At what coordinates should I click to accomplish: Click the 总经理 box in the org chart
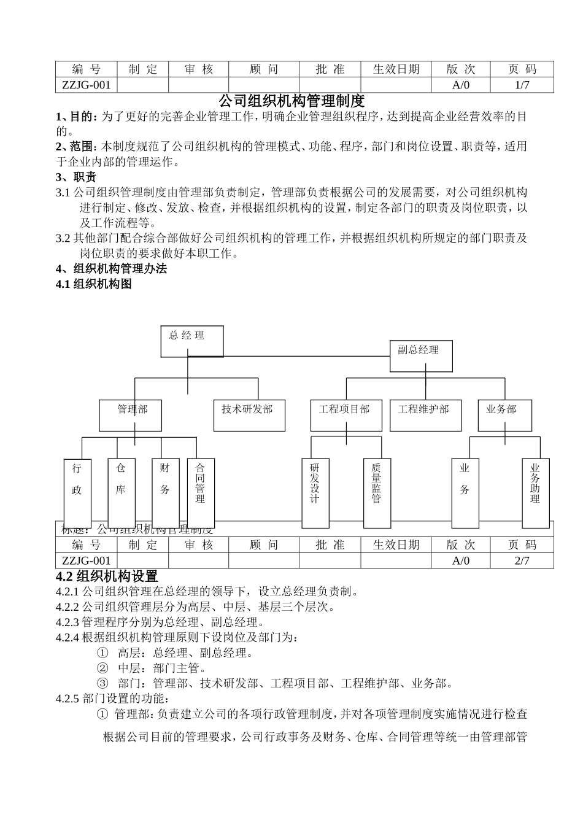click(192, 341)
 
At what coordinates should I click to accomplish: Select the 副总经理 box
click(421, 356)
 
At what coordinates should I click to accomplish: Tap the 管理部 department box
click(131, 415)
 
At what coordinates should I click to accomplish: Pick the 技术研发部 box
click(250, 415)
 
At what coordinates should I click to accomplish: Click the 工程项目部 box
click(346, 415)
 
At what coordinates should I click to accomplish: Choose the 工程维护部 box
click(425, 415)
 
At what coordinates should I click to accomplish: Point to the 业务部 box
click(504, 415)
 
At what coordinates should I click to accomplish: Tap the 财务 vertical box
click(165, 485)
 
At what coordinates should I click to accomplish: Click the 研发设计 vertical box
click(315, 493)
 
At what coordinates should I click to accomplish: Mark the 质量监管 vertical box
click(377, 493)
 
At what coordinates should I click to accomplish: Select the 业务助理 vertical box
click(536, 493)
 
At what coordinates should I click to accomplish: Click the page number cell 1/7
click(522, 85)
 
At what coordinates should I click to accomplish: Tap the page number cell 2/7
click(522, 560)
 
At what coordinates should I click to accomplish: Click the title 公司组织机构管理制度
click(291, 99)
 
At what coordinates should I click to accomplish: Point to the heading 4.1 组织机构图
click(94, 284)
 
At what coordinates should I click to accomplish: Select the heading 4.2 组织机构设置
click(107, 576)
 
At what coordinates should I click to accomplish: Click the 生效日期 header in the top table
click(396, 69)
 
